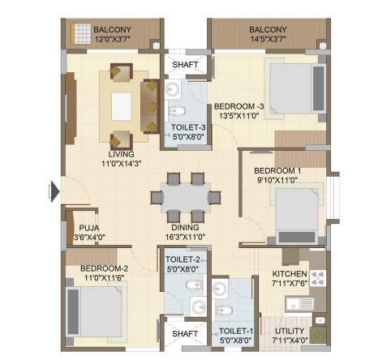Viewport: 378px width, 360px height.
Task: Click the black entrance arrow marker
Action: coord(55,191)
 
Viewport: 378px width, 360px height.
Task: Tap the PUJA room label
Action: coord(89,228)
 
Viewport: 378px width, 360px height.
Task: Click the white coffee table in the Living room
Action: coord(122,106)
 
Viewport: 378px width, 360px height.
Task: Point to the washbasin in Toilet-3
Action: coord(173,88)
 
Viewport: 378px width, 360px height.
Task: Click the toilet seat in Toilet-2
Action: coord(194,285)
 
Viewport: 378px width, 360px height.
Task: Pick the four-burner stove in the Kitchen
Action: coord(317,278)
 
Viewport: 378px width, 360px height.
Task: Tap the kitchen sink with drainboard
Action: coord(300,304)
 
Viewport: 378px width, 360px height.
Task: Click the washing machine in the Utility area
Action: coord(318,335)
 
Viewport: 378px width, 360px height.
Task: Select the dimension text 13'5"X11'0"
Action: coord(239,116)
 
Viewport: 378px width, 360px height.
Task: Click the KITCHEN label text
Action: coord(290,274)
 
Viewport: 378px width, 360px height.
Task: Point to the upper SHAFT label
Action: coord(185,65)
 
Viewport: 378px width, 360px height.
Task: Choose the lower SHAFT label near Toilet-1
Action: coord(185,334)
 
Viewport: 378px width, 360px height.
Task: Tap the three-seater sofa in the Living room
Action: coord(150,106)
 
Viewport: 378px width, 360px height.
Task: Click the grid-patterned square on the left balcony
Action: coord(83,33)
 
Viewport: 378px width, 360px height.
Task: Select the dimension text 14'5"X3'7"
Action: coord(268,40)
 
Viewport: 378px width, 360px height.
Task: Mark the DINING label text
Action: coord(185,228)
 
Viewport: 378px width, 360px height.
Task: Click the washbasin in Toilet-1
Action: coord(220,289)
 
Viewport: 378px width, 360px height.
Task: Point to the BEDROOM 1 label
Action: coord(277,171)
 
